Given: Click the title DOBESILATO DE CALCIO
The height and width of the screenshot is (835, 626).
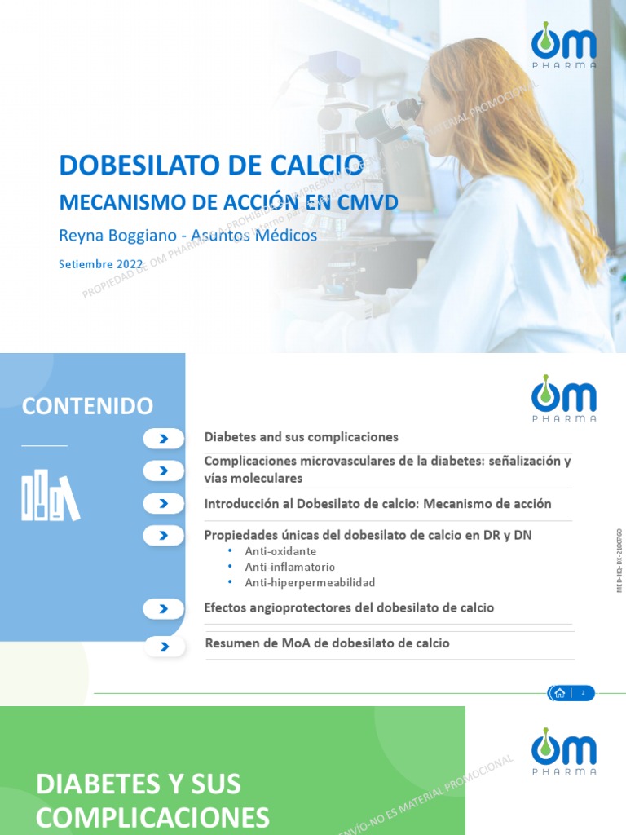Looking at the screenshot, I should [211, 165].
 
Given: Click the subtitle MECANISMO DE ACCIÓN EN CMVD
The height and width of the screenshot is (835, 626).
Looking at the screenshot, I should [228, 201].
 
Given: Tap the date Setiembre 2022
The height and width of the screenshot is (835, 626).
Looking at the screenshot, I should [101, 264].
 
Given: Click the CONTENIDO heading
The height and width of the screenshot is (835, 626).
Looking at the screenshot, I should [87, 406].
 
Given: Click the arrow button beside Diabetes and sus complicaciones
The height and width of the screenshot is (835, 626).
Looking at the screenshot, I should [164, 439].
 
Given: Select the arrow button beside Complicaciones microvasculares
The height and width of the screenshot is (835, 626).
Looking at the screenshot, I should [164, 471].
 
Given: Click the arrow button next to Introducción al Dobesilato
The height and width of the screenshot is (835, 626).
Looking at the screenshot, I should [164, 503].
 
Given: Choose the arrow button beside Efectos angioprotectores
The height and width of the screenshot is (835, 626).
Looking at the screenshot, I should [164, 608].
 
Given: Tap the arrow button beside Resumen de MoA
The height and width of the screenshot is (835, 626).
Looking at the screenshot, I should [164, 647].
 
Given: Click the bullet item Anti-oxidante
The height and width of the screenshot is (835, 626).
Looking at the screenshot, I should [280, 551].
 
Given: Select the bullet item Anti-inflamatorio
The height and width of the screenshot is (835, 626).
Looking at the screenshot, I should [289, 567].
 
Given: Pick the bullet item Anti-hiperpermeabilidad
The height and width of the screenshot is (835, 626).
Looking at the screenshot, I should [310, 582].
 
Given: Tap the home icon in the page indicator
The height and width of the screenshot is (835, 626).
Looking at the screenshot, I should [560, 693].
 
